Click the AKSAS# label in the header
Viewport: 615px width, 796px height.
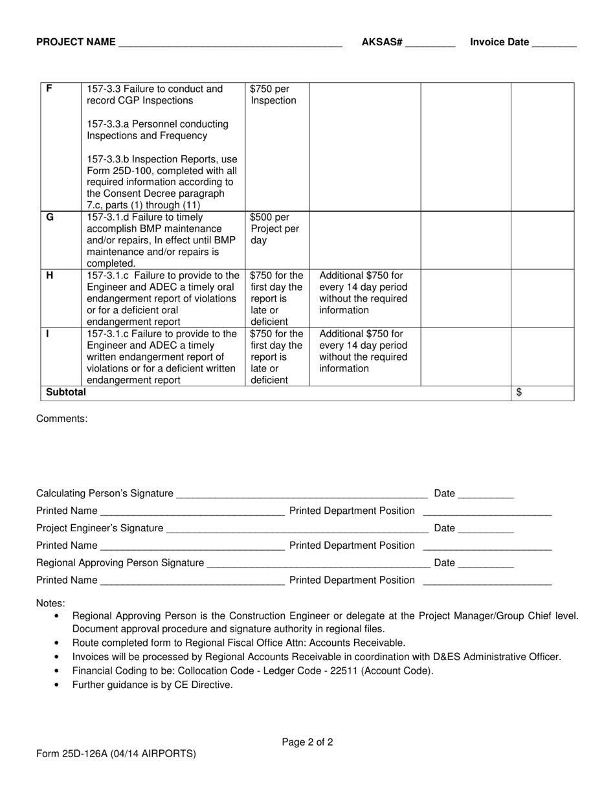[382, 43]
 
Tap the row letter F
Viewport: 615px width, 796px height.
[49, 89]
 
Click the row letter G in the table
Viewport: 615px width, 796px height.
[50, 217]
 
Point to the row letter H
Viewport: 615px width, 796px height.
[50, 276]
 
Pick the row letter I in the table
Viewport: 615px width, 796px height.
[48, 334]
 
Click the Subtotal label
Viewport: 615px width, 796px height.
[65, 392]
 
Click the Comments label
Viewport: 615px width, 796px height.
[62, 419]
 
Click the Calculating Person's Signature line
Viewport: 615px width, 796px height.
[302, 495]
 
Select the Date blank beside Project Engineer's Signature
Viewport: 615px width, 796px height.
[486, 529]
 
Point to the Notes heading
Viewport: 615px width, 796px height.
[50, 603]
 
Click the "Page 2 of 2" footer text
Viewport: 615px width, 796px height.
[307, 742]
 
